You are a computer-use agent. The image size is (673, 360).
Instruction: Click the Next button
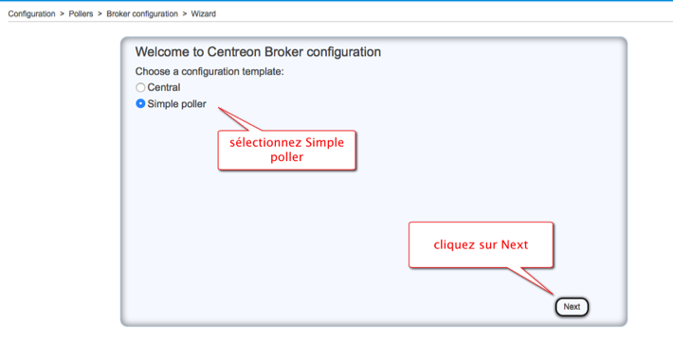572,307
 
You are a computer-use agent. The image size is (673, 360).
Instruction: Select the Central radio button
140,87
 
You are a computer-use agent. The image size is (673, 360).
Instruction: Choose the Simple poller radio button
140,104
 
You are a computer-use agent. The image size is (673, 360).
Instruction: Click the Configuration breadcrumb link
32,13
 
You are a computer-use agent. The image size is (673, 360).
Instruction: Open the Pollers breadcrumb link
81,13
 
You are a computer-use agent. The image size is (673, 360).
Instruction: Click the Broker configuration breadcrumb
142,13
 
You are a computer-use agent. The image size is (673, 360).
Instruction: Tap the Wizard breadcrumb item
204,13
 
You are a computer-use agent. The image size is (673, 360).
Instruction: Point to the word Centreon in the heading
234,52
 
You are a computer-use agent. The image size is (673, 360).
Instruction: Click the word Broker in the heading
283,52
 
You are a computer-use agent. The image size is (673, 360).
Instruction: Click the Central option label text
164,87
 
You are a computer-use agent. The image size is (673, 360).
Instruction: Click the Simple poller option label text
177,104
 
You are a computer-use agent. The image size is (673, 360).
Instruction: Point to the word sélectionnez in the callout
265,142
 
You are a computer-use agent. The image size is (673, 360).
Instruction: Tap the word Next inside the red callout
515,244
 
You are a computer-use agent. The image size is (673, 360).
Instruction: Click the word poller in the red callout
286,157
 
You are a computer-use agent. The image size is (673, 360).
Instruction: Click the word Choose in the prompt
153,71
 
